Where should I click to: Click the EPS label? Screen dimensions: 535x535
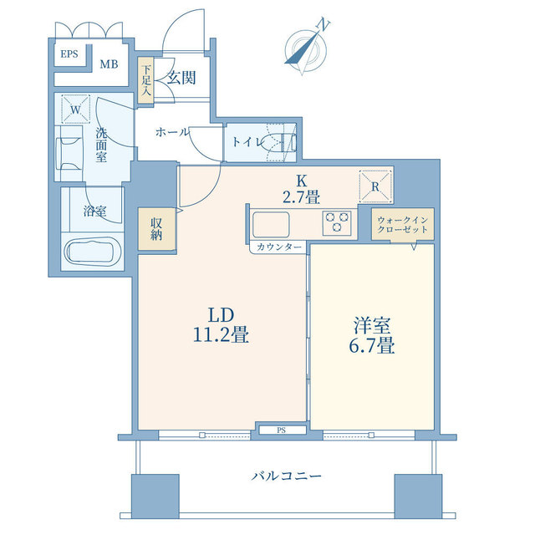pyautogui.click(x=69, y=53)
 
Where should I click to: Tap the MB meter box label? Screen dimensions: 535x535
pyautogui.click(x=109, y=64)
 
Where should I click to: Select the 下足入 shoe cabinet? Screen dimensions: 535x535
pyautogui.click(x=145, y=80)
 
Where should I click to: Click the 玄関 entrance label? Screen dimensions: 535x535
pyautogui.click(x=181, y=78)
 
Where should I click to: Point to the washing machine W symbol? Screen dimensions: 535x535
pyautogui.click(x=75, y=110)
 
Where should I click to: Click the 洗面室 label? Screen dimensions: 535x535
pyautogui.click(x=101, y=145)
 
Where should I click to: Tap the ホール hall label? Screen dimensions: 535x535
pyautogui.click(x=171, y=132)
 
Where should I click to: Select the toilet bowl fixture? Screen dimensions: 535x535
pyautogui.click(x=278, y=142)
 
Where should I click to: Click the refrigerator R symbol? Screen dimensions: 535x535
pyautogui.click(x=375, y=186)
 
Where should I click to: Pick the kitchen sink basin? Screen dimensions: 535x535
pyautogui.click(x=271, y=224)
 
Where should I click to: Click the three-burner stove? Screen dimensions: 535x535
pyautogui.click(x=337, y=223)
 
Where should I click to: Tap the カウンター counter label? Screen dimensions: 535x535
pyautogui.click(x=279, y=247)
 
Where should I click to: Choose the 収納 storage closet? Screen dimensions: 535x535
pyautogui.click(x=156, y=229)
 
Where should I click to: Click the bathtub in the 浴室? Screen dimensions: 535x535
pyautogui.click(x=93, y=252)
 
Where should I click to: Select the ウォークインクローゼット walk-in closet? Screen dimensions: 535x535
pyautogui.click(x=403, y=224)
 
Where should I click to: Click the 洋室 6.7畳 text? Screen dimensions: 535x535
pyautogui.click(x=371, y=335)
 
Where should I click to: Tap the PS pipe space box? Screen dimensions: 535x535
pyautogui.click(x=283, y=430)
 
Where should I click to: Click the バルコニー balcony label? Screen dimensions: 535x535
pyautogui.click(x=286, y=476)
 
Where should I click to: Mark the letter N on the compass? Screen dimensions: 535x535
pyautogui.click(x=324, y=24)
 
